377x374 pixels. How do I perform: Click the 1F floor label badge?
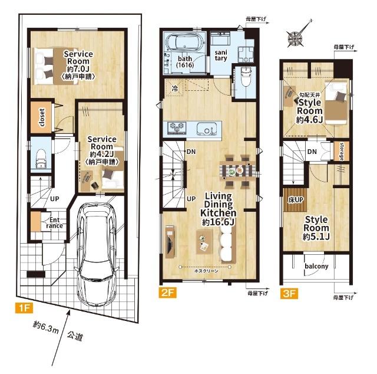pos(22,307)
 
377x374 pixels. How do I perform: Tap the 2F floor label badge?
pos(166,291)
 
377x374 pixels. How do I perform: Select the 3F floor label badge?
pos(288,291)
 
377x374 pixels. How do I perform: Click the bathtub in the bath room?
pos(185,44)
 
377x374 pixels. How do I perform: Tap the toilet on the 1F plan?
pos(40,158)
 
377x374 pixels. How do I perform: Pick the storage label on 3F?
pos(341,151)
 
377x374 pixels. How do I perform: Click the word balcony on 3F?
pos(316,266)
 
